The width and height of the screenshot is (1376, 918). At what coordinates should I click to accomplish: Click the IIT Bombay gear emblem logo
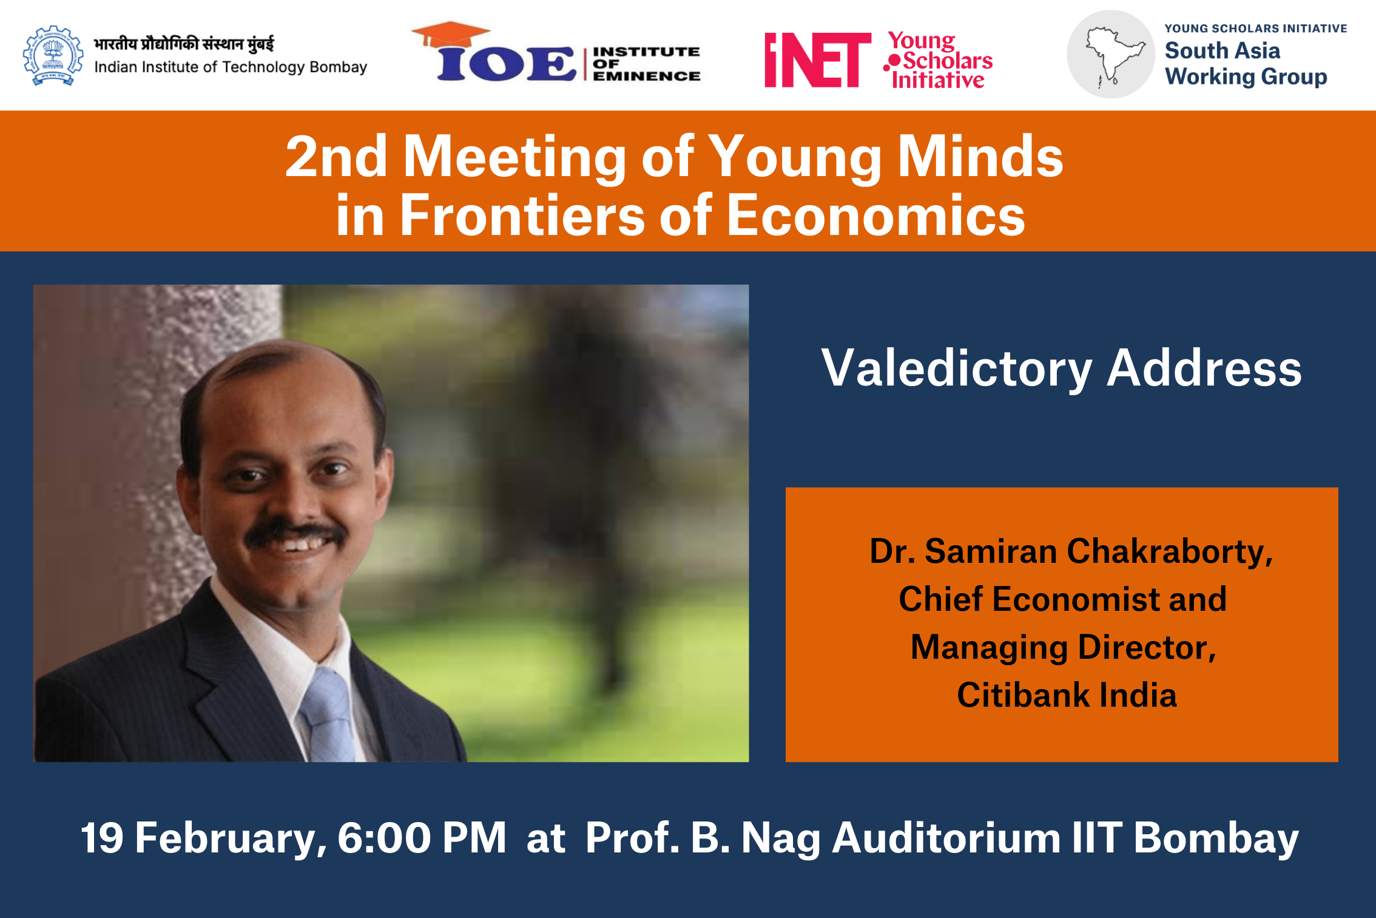pos(53,55)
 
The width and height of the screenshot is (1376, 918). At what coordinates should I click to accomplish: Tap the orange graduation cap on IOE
pos(450,35)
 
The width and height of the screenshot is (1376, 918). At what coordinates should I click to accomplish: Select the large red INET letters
pos(818,60)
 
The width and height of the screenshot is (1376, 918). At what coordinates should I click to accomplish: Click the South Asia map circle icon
pos(1111,54)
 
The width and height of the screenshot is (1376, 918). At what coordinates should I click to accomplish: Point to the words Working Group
pos(1246,77)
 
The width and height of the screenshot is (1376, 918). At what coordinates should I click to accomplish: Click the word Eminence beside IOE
pos(647,76)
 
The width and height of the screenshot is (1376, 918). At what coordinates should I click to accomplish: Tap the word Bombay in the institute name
pos(338,67)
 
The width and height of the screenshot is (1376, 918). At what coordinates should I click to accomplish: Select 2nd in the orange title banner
pos(336,157)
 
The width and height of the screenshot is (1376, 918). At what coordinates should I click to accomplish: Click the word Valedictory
pos(957,369)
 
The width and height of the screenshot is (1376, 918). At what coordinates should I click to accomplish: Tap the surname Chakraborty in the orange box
pos(1170,551)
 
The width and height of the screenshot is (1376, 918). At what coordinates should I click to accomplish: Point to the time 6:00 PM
pos(422,838)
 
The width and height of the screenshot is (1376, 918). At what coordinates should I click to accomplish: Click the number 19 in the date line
pos(102,838)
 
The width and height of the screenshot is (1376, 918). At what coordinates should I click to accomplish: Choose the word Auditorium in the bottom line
pos(946,838)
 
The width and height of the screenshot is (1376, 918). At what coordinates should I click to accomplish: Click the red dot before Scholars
pos(894,61)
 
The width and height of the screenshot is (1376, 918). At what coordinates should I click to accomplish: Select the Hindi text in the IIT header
pos(184,44)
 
